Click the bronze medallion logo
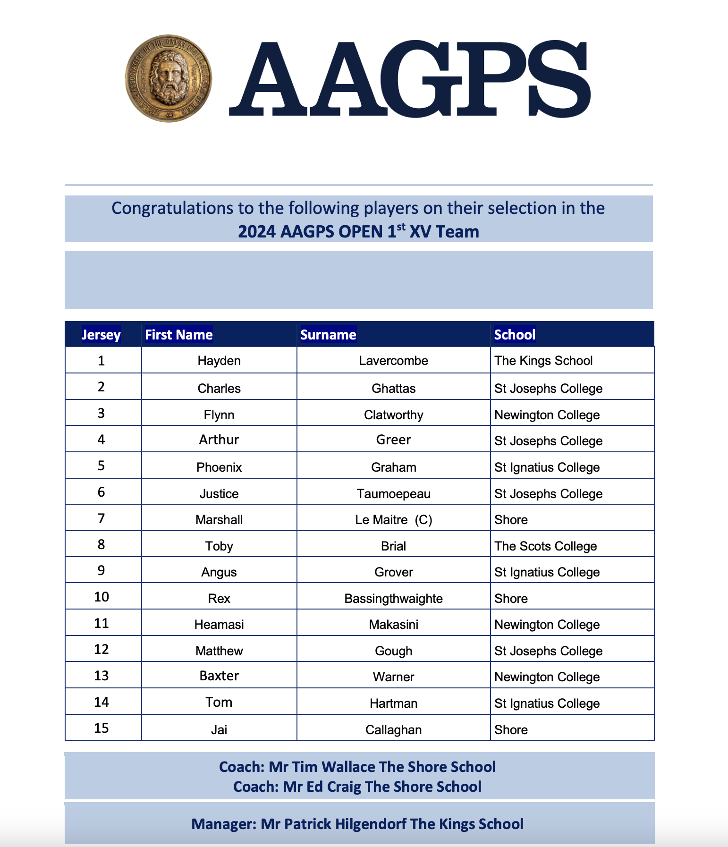click(x=168, y=78)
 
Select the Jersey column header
click(x=101, y=335)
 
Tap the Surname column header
click(x=328, y=335)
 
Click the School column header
click(x=515, y=335)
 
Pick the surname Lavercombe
click(x=393, y=361)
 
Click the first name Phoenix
click(x=219, y=467)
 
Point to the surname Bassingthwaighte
click(x=393, y=599)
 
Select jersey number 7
click(x=101, y=519)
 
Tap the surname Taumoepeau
click(x=393, y=494)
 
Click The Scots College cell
click(x=545, y=546)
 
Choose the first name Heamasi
click(x=219, y=625)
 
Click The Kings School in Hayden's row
click(x=543, y=361)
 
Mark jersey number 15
click(x=101, y=728)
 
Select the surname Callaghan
click(x=393, y=730)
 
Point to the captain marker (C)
click(x=423, y=520)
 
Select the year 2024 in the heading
click(x=256, y=232)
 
